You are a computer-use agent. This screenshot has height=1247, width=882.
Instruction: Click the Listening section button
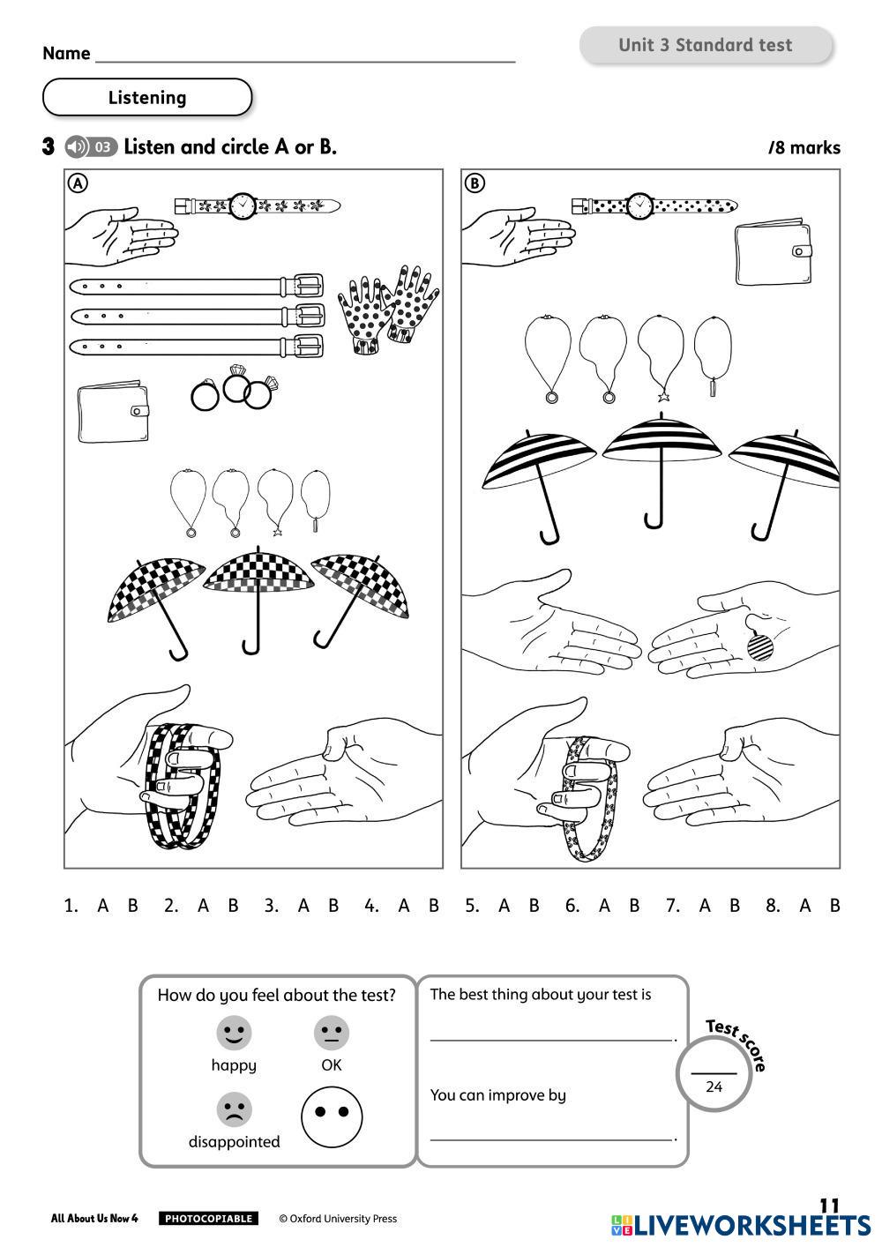tap(147, 98)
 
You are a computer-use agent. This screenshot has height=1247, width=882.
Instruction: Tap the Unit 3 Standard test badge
tap(706, 46)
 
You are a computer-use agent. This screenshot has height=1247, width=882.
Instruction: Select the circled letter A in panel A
tap(78, 183)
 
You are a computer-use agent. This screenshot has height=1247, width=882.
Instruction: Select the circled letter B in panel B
tap(475, 183)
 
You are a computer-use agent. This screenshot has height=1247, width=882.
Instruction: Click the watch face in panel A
tap(242, 206)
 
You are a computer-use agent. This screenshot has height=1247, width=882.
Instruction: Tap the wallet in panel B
tap(774, 253)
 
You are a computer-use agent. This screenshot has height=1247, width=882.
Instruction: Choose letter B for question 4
tap(433, 906)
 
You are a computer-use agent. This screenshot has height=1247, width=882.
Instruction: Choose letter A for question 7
tap(704, 906)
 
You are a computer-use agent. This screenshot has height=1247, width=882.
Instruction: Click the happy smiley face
tap(234, 1033)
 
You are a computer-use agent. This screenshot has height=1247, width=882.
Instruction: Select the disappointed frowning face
tap(234, 1109)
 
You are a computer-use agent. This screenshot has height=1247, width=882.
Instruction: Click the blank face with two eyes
tap(332, 1115)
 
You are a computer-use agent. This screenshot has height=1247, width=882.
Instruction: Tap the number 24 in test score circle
tap(714, 1086)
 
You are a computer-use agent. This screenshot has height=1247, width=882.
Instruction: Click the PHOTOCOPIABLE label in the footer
tap(208, 1219)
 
